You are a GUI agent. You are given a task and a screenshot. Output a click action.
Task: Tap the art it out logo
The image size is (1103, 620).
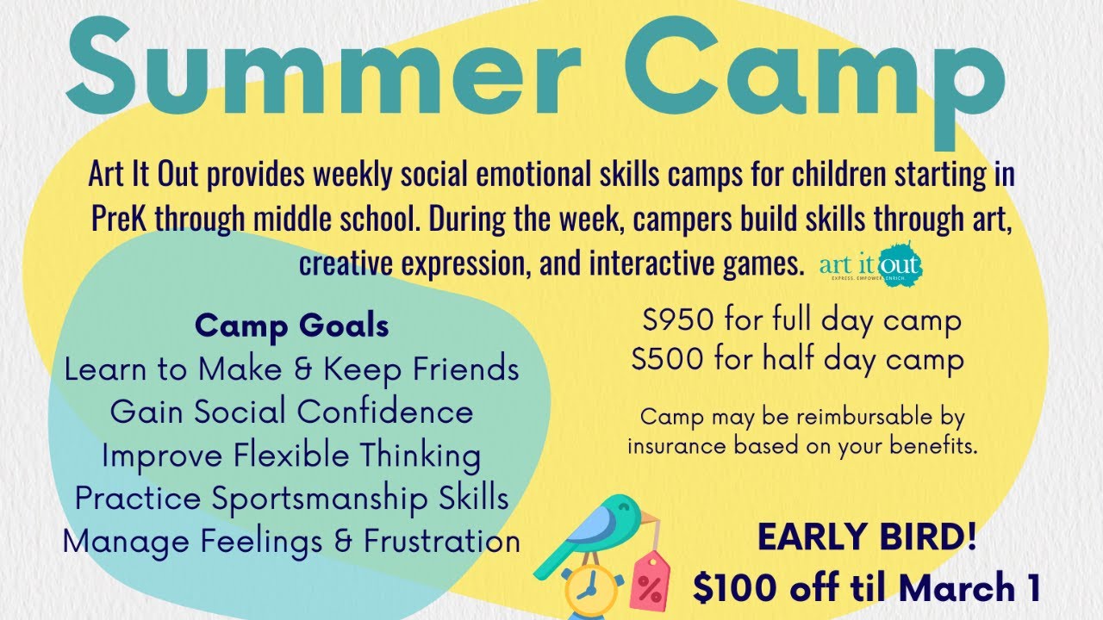pyautogui.click(x=870, y=263)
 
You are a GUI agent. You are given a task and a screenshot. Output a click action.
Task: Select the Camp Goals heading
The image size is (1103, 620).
pyautogui.click(x=292, y=326)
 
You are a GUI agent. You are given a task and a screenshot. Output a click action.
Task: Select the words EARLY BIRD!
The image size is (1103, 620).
pyautogui.click(x=867, y=538)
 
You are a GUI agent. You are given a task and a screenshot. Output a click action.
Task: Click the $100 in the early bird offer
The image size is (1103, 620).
pyautogui.click(x=731, y=588)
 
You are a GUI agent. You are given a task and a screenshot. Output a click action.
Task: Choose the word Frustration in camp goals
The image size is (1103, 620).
pyautogui.click(x=442, y=542)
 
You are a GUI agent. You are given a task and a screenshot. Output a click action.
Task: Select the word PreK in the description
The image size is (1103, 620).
pyautogui.click(x=122, y=219)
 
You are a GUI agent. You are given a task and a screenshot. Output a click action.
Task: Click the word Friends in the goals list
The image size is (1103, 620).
pyautogui.click(x=466, y=369)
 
